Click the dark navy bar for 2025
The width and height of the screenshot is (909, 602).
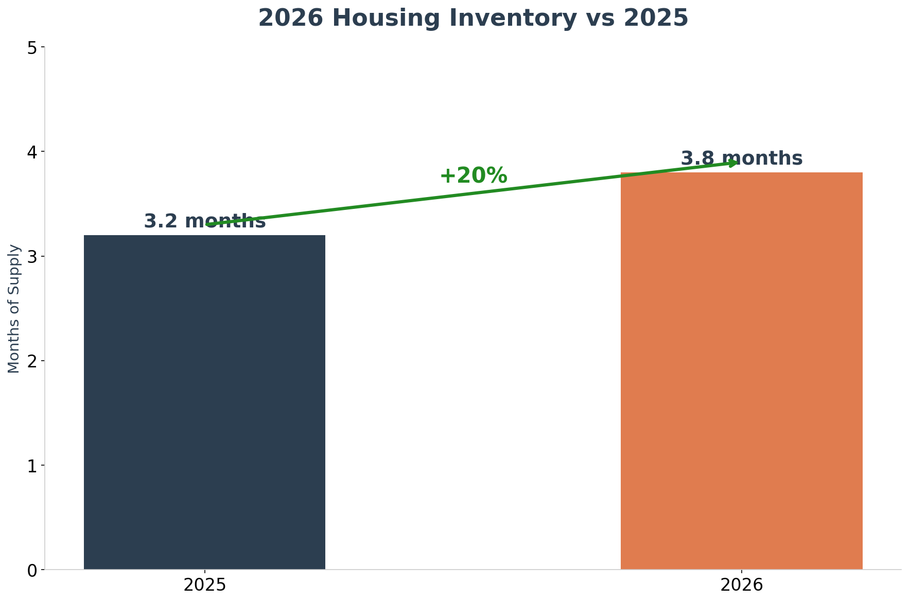point(204,402)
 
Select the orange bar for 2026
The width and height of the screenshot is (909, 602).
point(741,370)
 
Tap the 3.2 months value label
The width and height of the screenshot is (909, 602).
point(204,221)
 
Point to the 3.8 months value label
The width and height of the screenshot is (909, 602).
point(741,158)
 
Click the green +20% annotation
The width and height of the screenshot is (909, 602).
point(473,176)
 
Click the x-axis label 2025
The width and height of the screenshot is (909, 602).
point(204,585)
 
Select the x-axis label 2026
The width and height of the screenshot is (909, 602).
point(741,585)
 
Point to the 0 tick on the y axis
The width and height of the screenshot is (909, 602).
point(32,570)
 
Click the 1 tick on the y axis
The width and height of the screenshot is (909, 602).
point(32,466)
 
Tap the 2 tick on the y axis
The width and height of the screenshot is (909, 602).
point(32,361)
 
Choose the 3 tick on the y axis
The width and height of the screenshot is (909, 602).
point(32,256)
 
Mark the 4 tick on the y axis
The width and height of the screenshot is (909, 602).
point(32,152)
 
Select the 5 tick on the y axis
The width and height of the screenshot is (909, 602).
point(32,47)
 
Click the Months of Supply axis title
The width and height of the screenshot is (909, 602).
point(14,309)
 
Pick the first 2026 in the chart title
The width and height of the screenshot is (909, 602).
point(291,19)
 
